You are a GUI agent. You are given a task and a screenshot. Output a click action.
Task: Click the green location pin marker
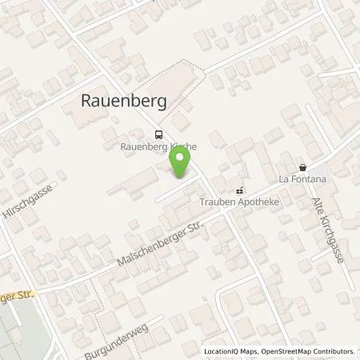coord(180,163)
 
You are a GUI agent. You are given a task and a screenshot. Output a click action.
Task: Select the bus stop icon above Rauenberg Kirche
coord(158,135)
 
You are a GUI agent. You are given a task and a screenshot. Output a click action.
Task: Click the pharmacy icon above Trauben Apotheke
coord(239,190)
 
